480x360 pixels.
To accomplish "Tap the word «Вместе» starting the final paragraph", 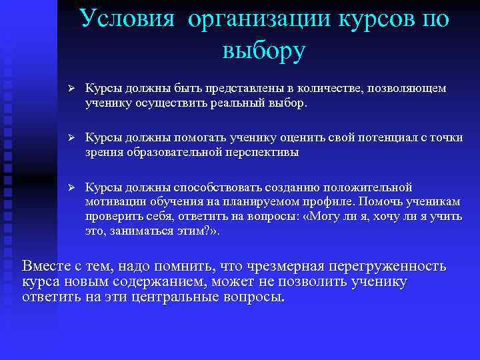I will tap(47, 266).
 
